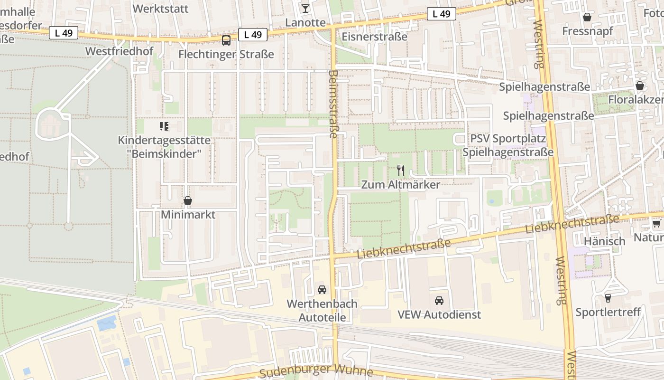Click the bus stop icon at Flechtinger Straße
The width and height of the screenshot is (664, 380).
226,40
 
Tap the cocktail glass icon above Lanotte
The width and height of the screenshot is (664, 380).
305,8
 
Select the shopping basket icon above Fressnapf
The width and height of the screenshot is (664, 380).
587,17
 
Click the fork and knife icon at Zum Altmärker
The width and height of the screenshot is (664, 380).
401,170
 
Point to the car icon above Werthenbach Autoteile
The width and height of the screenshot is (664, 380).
322,289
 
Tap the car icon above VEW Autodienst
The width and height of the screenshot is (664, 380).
439,300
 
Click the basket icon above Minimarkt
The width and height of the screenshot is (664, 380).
188,200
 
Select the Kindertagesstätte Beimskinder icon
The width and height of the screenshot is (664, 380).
164,126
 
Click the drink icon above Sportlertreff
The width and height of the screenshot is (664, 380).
608,298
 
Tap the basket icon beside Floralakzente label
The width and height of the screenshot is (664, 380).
640,86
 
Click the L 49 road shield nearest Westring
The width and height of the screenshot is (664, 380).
441,14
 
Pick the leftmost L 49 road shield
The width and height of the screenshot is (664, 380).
63,33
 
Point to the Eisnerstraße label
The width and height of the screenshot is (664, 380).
374,37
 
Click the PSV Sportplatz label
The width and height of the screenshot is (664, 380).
508,139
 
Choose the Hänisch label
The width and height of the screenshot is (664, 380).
605,241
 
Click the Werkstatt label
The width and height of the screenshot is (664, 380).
160,9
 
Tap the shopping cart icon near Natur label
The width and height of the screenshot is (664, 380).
656,223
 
